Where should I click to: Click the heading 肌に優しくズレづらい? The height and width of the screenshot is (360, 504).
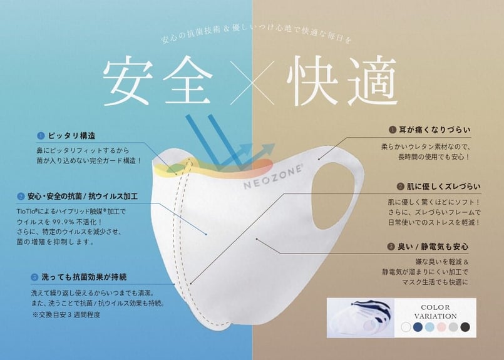[438, 187]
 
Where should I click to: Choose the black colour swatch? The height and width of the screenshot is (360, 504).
[464, 327]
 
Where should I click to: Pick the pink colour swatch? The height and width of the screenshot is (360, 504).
[441, 327]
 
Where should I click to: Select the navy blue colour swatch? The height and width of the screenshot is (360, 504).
[418, 327]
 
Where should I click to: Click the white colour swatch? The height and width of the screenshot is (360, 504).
[406, 327]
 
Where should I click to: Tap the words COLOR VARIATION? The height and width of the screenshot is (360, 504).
[435, 311]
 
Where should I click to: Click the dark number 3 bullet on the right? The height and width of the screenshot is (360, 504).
[392, 246]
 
